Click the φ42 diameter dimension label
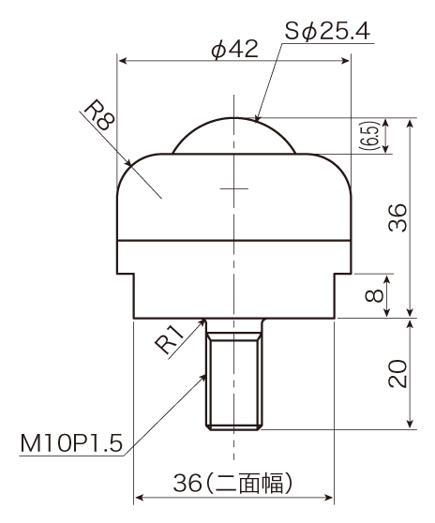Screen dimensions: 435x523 point(235,49)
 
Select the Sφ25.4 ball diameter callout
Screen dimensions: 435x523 point(327,31)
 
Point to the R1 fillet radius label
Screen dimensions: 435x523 point(170,339)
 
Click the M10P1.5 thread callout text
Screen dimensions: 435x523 point(71,443)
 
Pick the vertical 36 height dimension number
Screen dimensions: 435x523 point(397,217)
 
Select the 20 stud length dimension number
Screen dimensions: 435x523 point(397,374)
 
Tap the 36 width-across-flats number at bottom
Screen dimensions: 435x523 point(187,483)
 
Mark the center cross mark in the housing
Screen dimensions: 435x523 point(233,188)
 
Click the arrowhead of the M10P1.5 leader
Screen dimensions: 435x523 point(202,377)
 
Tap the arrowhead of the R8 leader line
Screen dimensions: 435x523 point(128,162)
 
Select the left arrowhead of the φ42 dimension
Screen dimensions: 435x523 point(123,60)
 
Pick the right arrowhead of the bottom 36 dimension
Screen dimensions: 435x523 point(329,498)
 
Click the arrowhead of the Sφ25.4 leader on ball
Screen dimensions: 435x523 point(256,117)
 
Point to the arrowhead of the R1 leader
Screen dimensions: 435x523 point(202,322)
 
